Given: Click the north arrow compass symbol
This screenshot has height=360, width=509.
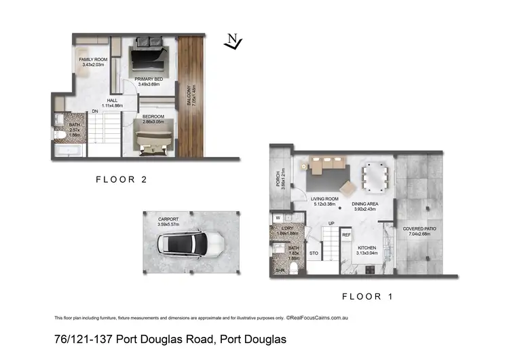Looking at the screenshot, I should (x=233, y=41).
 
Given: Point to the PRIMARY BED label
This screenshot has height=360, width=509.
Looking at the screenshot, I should (x=147, y=81).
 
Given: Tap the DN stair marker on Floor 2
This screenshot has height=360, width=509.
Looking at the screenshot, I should (x=95, y=111).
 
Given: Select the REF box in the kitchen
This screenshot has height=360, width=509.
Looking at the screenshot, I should (x=345, y=235).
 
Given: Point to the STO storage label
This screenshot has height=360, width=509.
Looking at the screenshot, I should (x=314, y=253).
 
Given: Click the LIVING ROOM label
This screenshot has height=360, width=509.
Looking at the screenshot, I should (x=325, y=202).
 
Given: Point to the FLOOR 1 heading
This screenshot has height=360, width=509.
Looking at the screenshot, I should (x=368, y=296).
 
